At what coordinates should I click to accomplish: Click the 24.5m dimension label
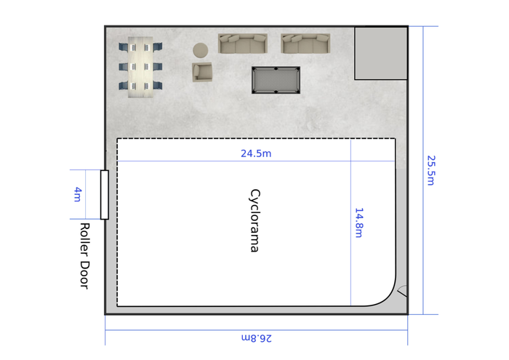click(256, 153)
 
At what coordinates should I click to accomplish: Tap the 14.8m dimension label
click(358, 223)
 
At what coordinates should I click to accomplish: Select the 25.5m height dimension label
click(430, 170)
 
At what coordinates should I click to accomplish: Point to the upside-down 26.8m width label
click(257, 338)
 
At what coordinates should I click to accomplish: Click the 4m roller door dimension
click(77, 194)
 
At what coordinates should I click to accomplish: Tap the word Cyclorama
click(254, 221)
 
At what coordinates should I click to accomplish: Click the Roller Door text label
click(85, 256)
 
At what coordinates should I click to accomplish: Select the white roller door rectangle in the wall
click(105, 195)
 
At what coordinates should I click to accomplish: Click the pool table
click(276, 80)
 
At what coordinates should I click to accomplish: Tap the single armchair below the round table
click(202, 72)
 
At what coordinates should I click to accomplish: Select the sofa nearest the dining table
click(243, 44)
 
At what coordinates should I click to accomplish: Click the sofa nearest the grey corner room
click(305, 44)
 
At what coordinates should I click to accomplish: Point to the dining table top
click(140, 67)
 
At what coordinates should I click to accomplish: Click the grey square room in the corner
click(381, 53)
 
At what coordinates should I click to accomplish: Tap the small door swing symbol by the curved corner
click(403, 291)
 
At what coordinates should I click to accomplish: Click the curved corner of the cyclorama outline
click(388, 297)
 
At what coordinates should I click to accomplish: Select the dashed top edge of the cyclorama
click(256, 139)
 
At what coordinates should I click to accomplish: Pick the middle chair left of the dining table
click(123, 67)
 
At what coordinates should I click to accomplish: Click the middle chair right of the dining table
click(158, 67)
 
